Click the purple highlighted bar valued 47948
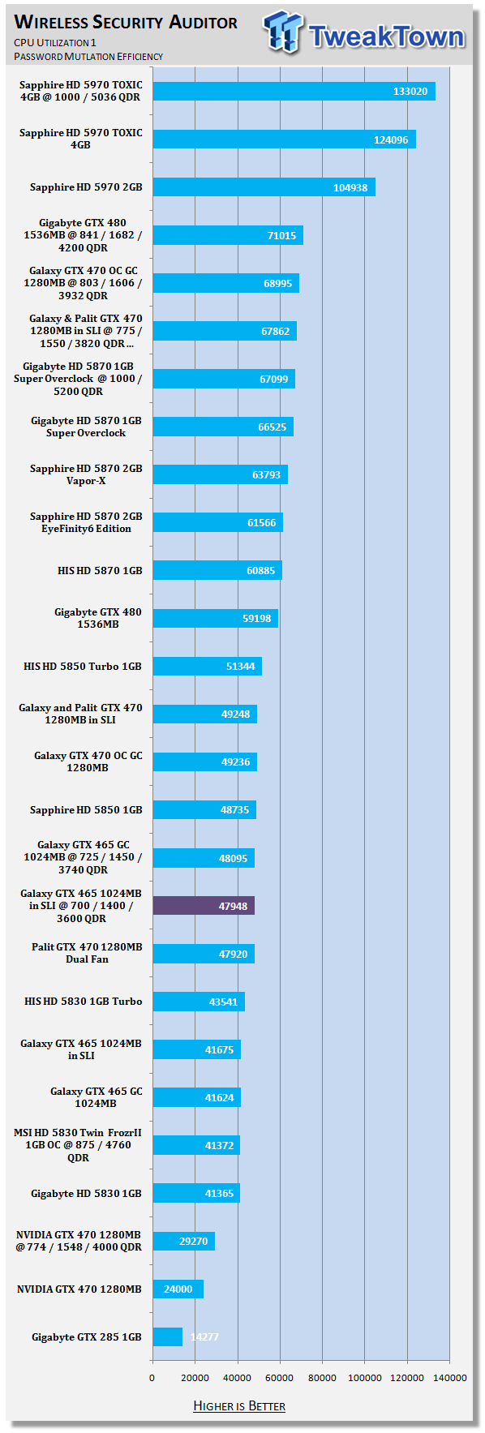click(x=204, y=906)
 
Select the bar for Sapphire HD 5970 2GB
click(x=264, y=187)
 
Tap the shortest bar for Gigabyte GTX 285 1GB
click(x=168, y=1336)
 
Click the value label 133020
click(x=410, y=92)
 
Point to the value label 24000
click(x=178, y=1289)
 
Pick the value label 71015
click(x=281, y=236)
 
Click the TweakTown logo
click(x=364, y=33)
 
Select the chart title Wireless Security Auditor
click(x=127, y=22)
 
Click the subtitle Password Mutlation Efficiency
click(x=88, y=57)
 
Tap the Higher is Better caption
click(x=239, y=1405)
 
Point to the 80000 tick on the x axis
click(x=322, y=1378)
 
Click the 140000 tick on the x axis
click(x=449, y=1378)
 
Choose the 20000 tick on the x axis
click(x=195, y=1378)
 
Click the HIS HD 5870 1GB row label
click(x=100, y=570)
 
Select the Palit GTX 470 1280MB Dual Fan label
click(x=87, y=953)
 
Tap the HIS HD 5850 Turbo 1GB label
click(x=83, y=666)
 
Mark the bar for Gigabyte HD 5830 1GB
click(x=196, y=1193)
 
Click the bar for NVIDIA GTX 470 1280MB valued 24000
click(x=178, y=1289)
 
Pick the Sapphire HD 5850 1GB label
click(x=86, y=809)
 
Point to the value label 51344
click(x=240, y=667)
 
